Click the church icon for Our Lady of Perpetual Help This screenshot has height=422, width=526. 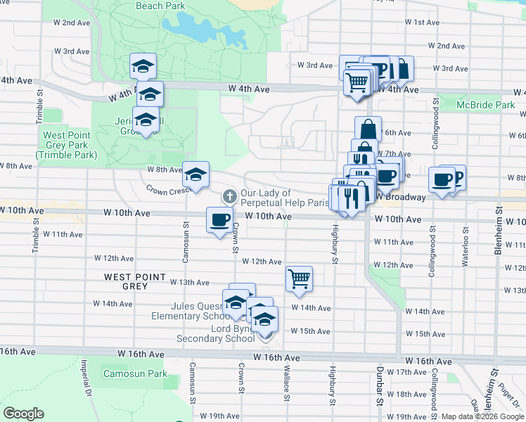tap(229, 195)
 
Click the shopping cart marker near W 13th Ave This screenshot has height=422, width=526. tap(300, 279)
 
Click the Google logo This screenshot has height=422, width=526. tap(24, 414)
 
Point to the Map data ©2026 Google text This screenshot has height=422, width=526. tap(482, 416)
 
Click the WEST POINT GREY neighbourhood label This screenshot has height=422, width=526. tap(126, 281)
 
